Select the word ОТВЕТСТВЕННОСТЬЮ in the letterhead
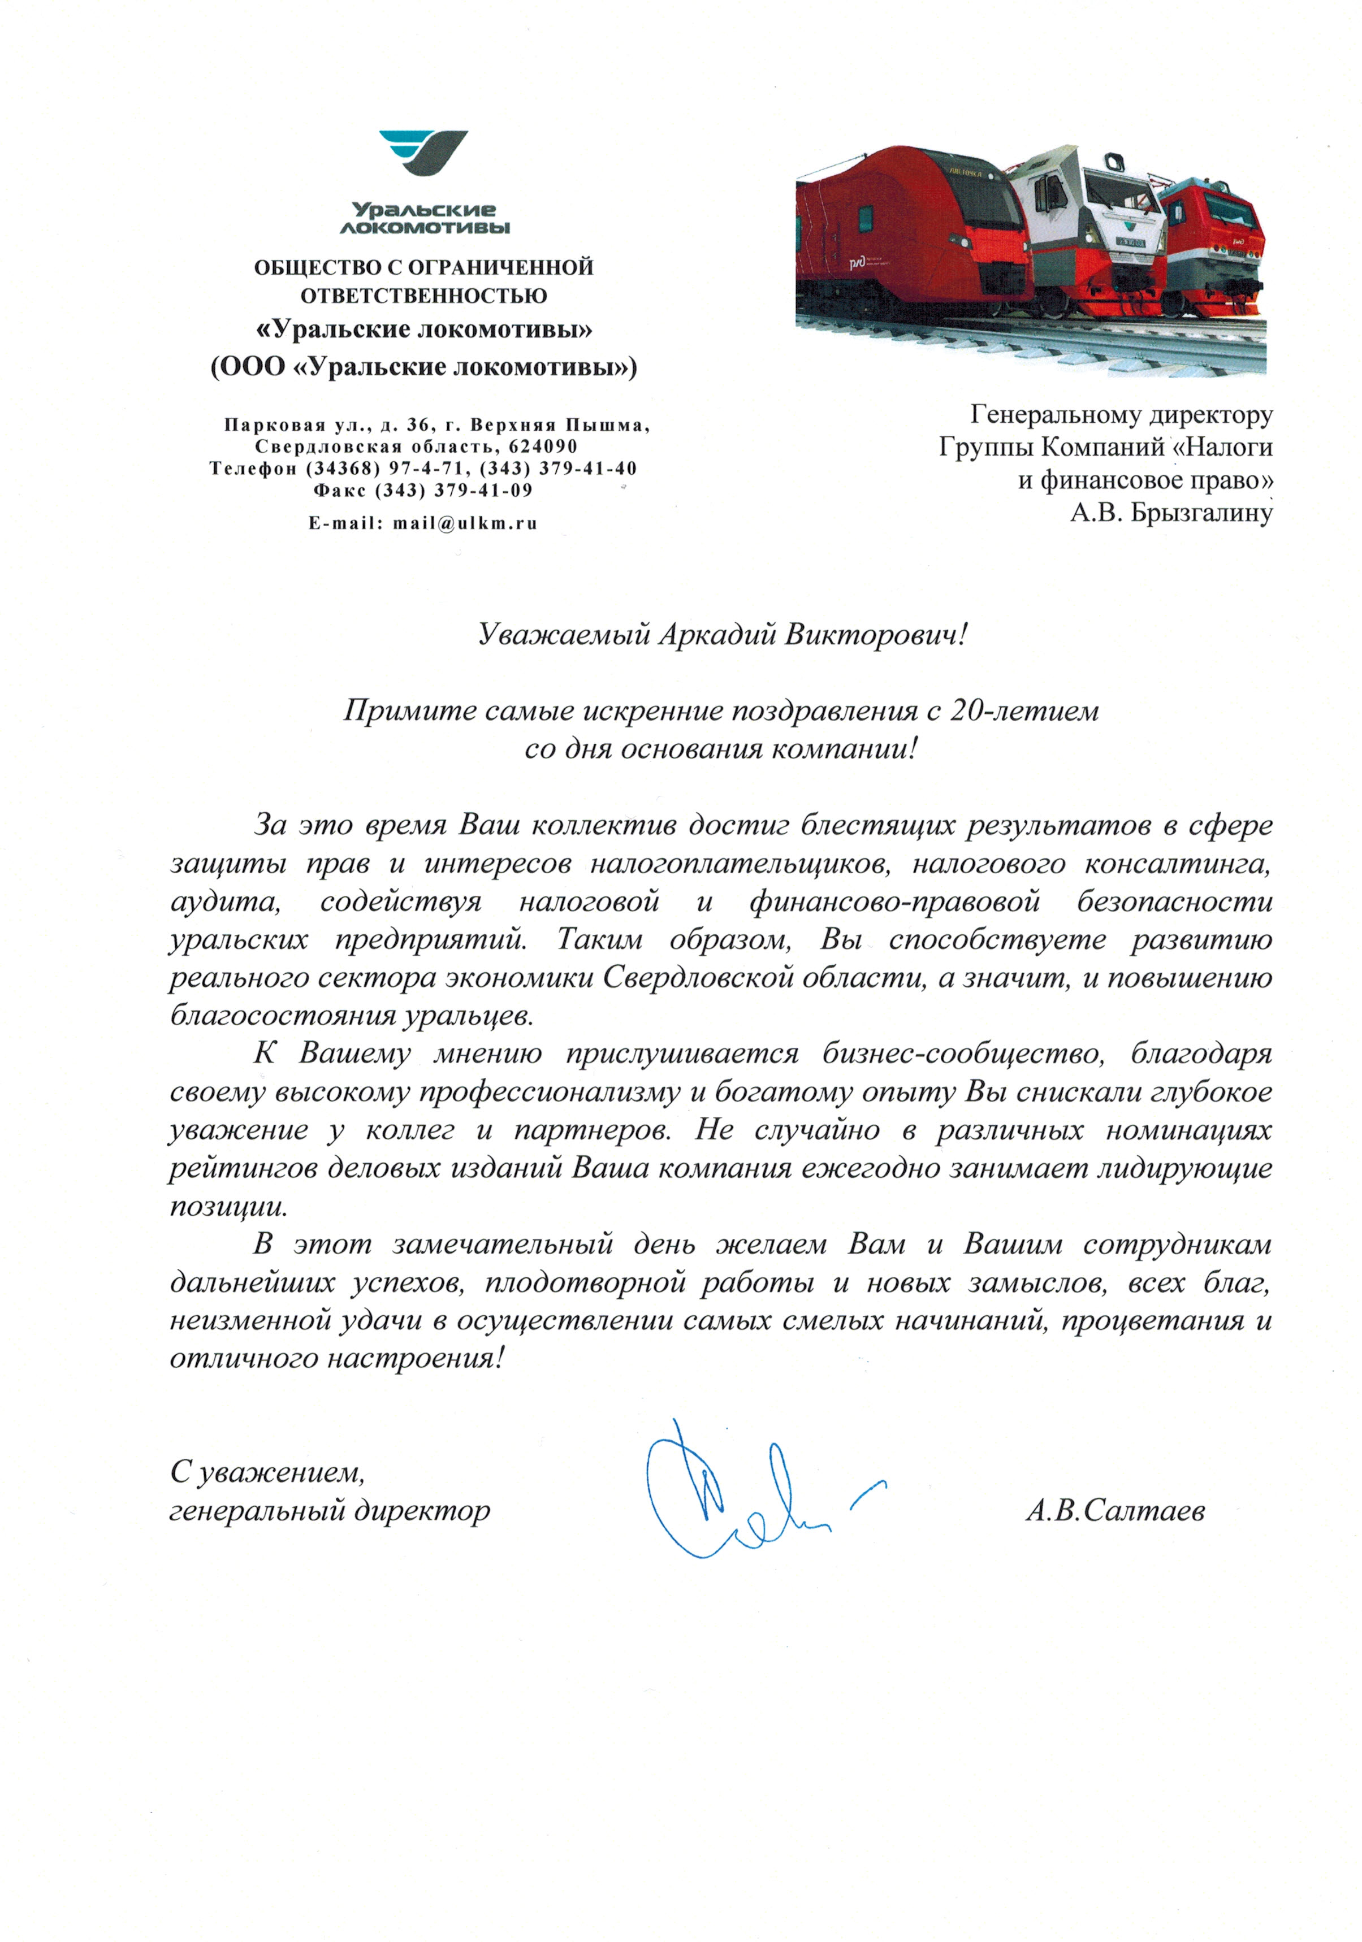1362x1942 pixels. click(x=424, y=296)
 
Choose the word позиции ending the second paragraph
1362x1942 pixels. click(x=228, y=1206)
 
